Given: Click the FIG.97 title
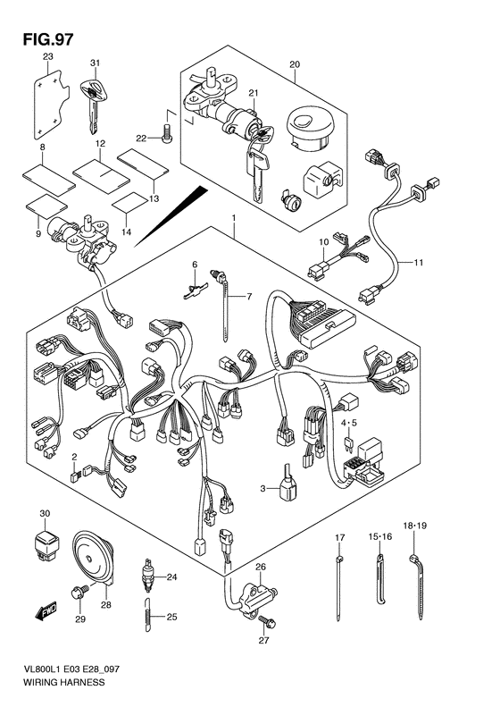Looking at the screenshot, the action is [47, 39].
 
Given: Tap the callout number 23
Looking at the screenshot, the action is [47, 56].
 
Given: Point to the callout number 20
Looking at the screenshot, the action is [294, 64].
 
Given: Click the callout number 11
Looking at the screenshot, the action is [419, 262].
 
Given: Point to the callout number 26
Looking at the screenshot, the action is [261, 567].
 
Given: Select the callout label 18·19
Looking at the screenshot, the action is [415, 526].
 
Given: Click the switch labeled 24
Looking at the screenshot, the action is [147, 576].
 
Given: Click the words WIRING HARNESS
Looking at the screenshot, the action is [63, 682].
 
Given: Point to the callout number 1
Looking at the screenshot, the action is [234, 218].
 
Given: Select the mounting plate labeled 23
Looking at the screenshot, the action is [52, 105].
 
